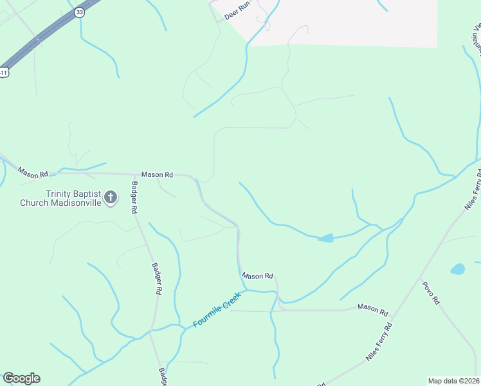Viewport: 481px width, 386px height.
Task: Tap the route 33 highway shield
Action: point(78,12)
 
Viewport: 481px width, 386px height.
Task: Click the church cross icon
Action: point(111,197)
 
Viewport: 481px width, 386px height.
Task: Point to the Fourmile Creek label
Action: point(217,310)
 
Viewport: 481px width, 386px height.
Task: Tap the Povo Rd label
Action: point(431,293)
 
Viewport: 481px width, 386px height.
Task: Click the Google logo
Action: point(21,378)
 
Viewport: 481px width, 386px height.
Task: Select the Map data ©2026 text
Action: point(453,381)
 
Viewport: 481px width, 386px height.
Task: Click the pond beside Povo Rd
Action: point(457,269)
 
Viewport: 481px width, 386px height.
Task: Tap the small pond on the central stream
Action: point(326,238)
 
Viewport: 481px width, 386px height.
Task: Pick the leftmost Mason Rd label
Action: point(33,173)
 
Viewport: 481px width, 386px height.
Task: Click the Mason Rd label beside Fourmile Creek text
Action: point(258,276)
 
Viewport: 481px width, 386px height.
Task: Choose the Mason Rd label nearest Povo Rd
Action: point(373,310)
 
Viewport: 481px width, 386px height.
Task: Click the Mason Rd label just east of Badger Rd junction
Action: point(158,174)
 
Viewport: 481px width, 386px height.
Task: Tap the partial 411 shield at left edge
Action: point(3,73)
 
